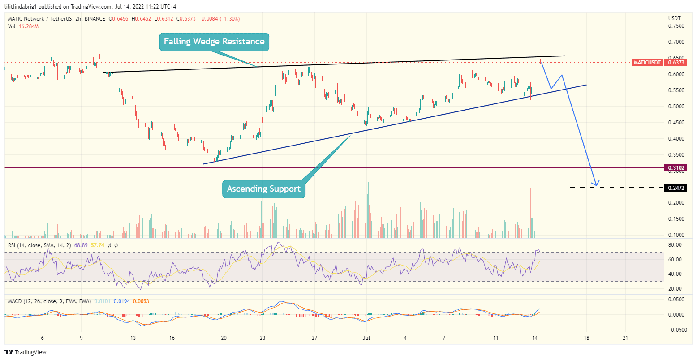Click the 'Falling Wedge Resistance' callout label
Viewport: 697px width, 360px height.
[x=214, y=42]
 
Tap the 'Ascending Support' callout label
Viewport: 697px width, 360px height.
[x=263, y=189]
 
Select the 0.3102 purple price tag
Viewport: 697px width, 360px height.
[x=676, y=168]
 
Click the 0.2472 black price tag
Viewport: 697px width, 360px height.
[x=676, y=188]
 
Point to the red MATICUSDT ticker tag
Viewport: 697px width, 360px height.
[x=647, y=63]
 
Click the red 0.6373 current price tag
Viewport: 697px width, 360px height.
[x=676, y=63]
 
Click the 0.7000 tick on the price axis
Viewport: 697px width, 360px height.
[x=676, y=42]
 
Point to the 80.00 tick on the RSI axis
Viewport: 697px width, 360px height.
[x=675, y=245]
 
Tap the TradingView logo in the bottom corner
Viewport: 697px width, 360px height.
[x=26, y=352]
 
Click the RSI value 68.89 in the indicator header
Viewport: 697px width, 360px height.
[x=81, y=245]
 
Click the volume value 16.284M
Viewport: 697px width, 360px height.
[x=29, y=26]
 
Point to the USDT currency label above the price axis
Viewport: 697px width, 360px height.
[x=674, y=18]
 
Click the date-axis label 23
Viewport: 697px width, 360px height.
[x=262, y=338]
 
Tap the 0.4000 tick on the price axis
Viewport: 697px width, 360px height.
[x=676, y=139]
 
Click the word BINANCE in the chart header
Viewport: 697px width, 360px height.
[x=95, y=19]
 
